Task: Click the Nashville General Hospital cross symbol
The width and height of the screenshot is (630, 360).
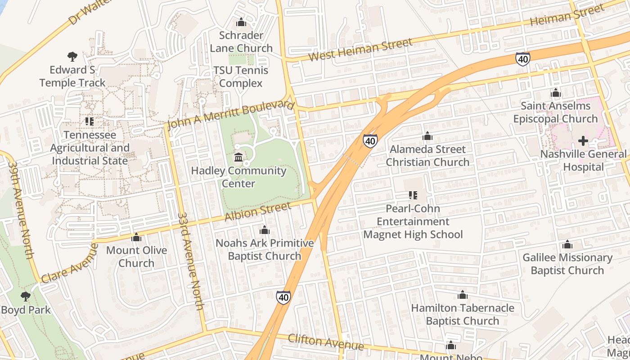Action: (x=583, y=141)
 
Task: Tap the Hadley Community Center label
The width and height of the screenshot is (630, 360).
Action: (x=238, y=177)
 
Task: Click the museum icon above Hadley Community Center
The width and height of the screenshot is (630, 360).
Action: (x=238, y=157)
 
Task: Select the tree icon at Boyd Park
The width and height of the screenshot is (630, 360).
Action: (x=26, y=296)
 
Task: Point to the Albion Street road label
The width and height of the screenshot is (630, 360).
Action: (x=257, y=211)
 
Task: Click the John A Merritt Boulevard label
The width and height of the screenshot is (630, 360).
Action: (x=230, y=115)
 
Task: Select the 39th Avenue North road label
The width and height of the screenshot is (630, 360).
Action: (x=21, y=210)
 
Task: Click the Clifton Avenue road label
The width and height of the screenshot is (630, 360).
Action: (x=325, y=342)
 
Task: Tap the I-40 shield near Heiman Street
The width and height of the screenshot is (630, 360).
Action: (x=522, y=59)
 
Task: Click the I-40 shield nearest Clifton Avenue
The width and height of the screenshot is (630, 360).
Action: (x=283, y=297)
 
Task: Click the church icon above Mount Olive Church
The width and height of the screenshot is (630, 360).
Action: (x=136, y=237)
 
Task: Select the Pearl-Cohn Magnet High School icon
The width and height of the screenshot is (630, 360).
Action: (x=413, y=195)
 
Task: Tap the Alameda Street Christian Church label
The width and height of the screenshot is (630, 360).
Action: (x=427, y=155)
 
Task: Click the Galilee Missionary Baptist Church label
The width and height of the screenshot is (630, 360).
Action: (x=567, y=264)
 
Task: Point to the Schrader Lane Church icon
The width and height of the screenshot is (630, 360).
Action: (x=241, y=22)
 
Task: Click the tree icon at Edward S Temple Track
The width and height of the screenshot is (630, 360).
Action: (x=72, y=57)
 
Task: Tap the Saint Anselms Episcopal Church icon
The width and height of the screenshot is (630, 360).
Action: (x=556, y=93)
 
